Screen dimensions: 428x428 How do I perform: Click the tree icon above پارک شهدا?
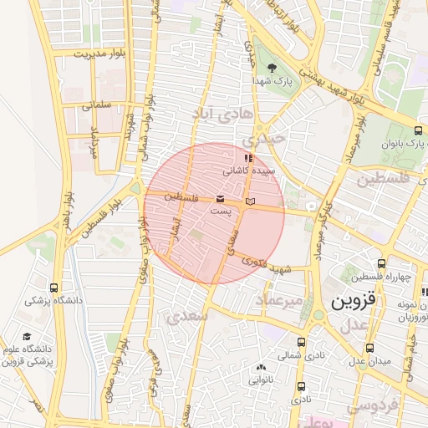(x=271, y=68)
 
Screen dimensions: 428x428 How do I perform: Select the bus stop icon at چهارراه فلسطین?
(x=381, y=263)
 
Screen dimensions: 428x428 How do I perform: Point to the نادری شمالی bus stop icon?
(x=302, y=342)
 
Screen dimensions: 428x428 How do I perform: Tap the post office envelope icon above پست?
(x=220, y=199)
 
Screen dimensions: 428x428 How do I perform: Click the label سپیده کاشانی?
(x=246, y=170)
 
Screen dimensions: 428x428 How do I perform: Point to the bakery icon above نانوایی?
(x=261, y=367)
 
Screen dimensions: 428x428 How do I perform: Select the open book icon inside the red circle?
(x=250, y=201)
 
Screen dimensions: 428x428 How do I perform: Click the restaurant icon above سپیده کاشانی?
(x=247, y=157)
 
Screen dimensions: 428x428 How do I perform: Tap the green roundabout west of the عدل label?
(x=318, y=316)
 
